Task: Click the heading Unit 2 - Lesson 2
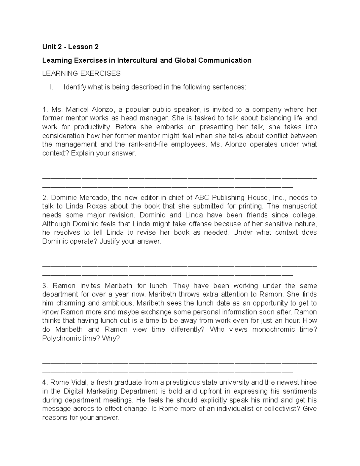coord(70,47)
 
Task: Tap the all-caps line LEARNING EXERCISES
coord(81,74)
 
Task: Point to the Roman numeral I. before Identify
coord(51,87)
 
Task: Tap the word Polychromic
coord(61,338)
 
